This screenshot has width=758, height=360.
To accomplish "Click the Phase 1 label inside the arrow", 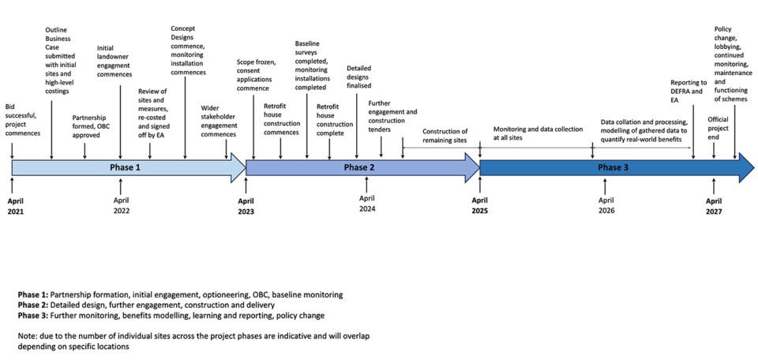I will [125, 167].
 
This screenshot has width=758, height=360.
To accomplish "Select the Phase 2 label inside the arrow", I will [360, 167].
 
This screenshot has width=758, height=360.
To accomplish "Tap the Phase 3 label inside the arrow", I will [614, 167].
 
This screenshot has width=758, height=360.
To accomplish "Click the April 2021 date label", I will [16, 206].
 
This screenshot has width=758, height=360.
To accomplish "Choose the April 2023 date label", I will [246, 206].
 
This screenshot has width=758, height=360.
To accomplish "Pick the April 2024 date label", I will [366, 204].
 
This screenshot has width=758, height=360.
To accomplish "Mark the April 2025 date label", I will [481, 206].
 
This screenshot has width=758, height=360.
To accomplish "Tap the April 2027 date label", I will [714, 206].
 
